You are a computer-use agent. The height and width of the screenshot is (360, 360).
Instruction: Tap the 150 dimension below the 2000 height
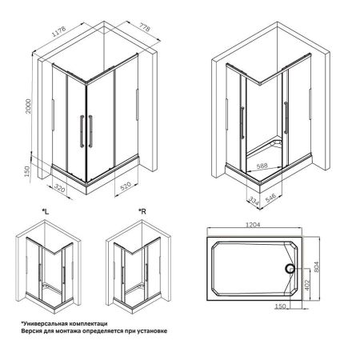pyautogui.click(x=28, y=173)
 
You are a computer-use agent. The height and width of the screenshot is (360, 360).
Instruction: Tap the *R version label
pyautogui.click(x=142, y=211)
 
